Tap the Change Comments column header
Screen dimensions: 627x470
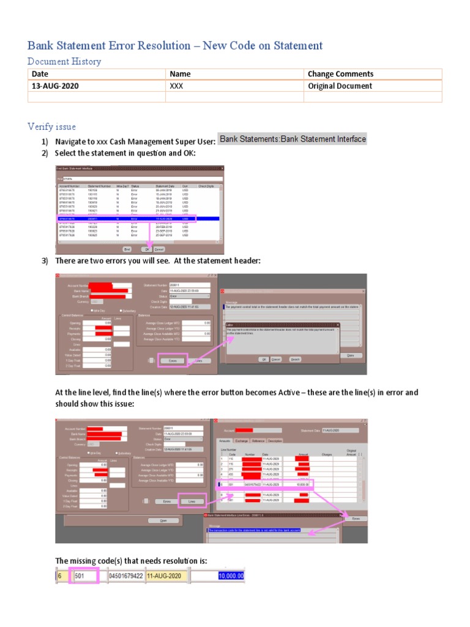pos(340,74)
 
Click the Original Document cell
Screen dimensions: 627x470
pos(340,86)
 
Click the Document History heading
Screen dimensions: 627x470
pos(64,62)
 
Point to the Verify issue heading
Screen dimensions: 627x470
pos(51,127)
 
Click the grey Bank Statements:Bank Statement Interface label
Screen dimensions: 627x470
pos(293,139)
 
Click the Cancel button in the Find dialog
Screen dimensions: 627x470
pos(159,249)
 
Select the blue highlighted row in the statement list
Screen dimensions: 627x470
pos(125,218)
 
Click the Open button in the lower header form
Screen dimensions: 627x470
pos(163,520)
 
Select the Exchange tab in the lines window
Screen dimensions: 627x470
pos(241,440)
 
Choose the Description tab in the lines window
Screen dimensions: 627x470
pos(275,440)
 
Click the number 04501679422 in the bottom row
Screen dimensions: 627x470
pos(125,576)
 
